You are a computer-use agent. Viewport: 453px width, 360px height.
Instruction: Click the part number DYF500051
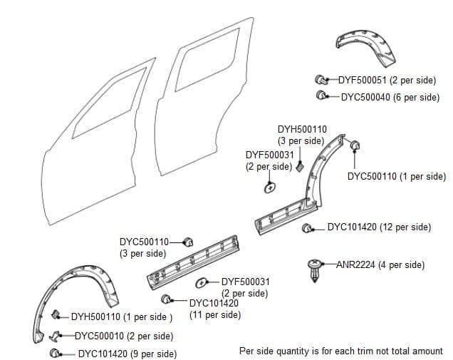point(361,81)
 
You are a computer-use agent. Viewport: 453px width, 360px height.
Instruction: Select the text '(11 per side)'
point(215,314)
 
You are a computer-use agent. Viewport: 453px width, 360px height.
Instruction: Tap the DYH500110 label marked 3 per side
point(302,129)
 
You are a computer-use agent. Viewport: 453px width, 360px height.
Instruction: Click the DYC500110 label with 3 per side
point(144,242)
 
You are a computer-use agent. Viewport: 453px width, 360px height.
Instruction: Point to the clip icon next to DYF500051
point(322,80)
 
